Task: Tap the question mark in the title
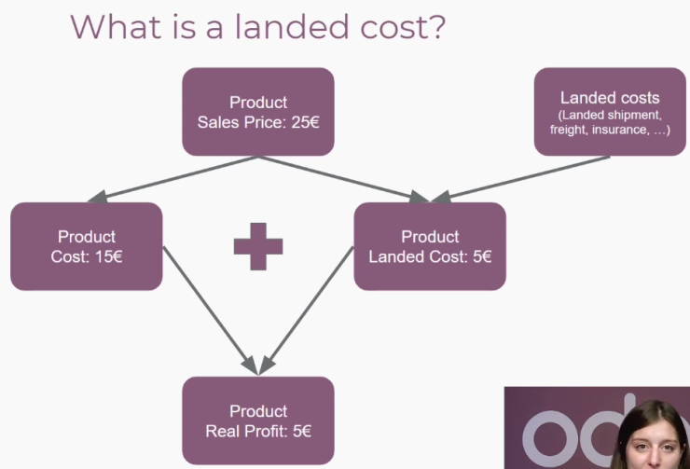(x=436, y=26)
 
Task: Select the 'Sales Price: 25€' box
(x=258, y=112)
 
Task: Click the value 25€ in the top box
(x=305, y=122)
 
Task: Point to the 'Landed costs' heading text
(x=610, y=98)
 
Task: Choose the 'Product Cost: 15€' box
(x=86, y=246)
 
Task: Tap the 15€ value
(x=108, y=256)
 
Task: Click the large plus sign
(x=258, y=246)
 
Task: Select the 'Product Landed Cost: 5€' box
(x=430, y=246)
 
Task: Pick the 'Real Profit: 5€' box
(x=258, y=421)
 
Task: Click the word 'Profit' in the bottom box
(x=267, y=431)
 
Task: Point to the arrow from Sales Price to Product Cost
(x=172, y=180)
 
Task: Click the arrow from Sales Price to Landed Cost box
(x=344, y=180)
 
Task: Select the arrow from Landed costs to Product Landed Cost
(x=520, y=180)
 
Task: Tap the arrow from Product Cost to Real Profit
(x=211, y=310)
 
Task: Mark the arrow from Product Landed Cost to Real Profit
(x=306, y=310)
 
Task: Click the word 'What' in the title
(x=116, y=26)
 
